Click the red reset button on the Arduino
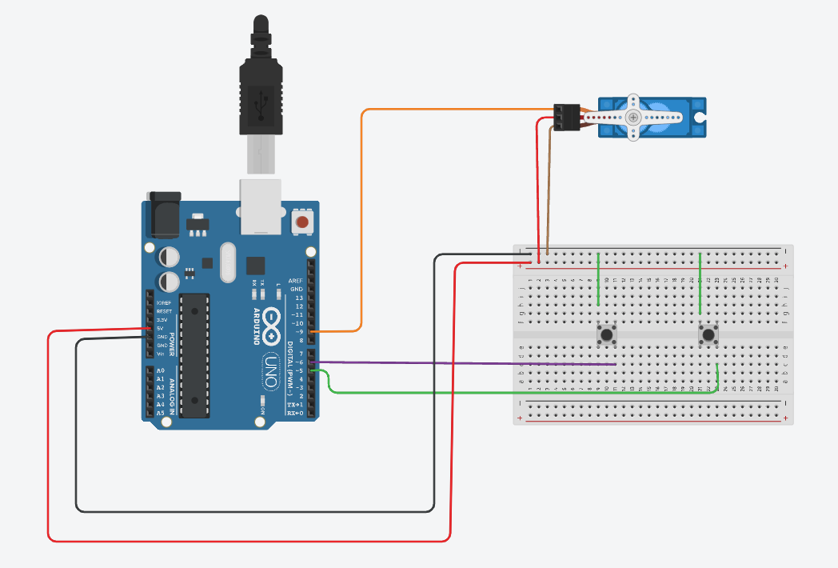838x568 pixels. (x=302, y=222)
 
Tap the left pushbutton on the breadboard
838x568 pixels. (x=608, y=334)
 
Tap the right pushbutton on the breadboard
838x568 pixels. (x=708, y=334)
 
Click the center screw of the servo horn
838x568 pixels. (x=633, y=118)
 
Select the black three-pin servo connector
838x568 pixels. (x=567, y=118)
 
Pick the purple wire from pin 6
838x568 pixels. (x=480, y=364)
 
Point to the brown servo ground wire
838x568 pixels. (x=550, y=192)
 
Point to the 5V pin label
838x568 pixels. (x=160, y=329)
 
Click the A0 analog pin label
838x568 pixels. (x=161, y=370)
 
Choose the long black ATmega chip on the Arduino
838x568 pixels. (x=194, y=355)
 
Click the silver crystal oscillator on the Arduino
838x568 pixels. (x=225, y=262)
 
